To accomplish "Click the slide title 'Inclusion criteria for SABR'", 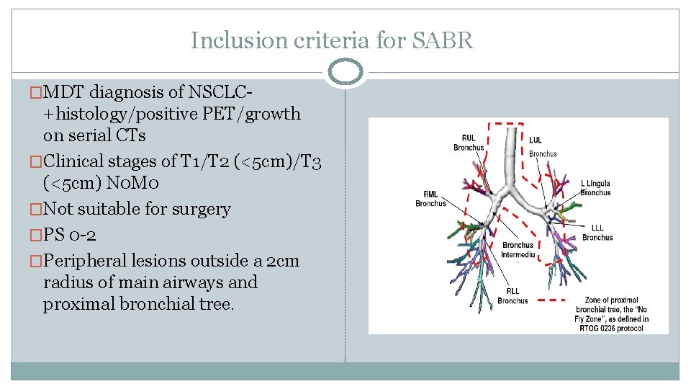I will tap(332, 40).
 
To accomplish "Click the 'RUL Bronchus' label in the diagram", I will tap(469, 143).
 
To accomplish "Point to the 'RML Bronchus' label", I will tap(430, 198).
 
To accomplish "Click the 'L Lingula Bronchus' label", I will tap(595, 188).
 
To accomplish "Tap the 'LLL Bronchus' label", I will tap(597, 233).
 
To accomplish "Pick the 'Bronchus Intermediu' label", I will tap(518, 249).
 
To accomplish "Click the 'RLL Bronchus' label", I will tap(512, 295).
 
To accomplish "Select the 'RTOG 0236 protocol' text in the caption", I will tap(612, 328).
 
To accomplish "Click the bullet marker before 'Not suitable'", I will tap(36, 210).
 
